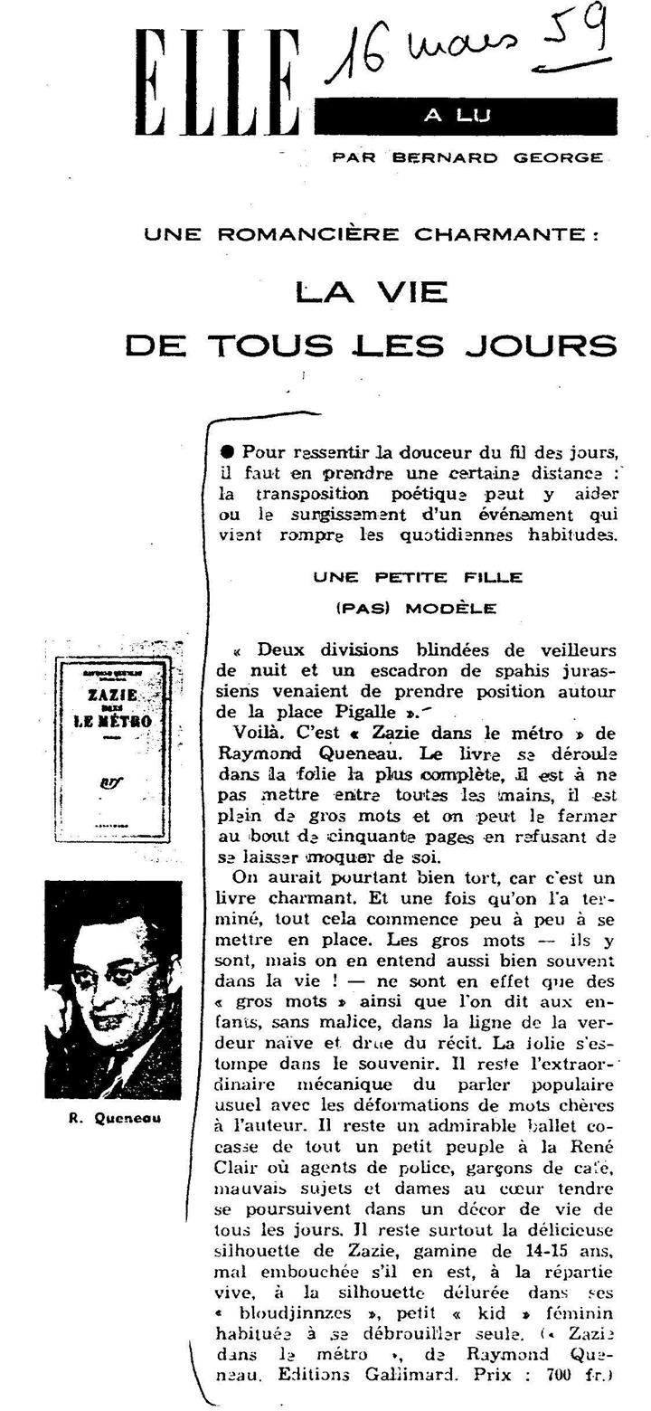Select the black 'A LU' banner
pos(467,116)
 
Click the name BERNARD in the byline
pos(445,157)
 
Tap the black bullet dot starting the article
pos(226,451)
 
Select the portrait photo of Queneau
pos(113,989)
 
